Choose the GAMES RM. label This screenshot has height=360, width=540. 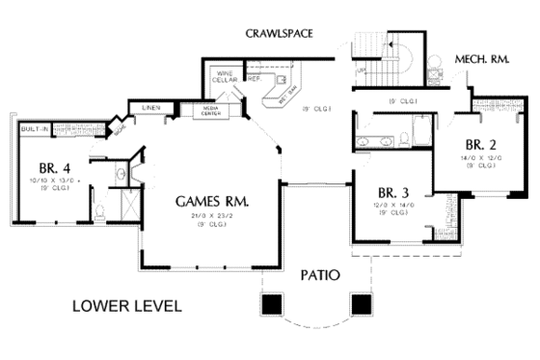point(213,202)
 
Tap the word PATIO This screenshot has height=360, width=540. point(318,274)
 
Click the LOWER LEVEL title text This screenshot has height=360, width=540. point(127,308)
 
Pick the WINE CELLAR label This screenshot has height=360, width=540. point(225,77)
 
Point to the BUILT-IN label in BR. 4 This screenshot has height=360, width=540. point(37,128)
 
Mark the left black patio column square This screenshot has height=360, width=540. point(273,303)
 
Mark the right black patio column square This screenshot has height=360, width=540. point(363,303)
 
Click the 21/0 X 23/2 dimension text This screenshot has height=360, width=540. point(213,217)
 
